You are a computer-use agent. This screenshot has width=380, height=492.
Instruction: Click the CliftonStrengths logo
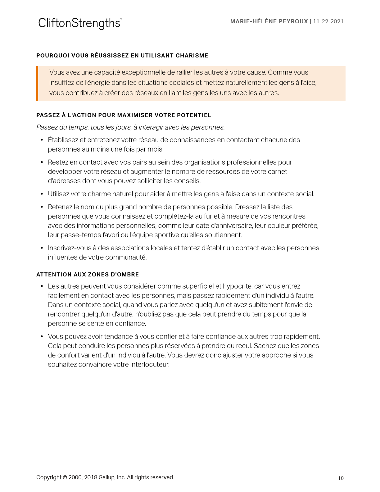tap(80, 23)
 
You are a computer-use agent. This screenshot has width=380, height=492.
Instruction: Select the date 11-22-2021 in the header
tap(328, 21)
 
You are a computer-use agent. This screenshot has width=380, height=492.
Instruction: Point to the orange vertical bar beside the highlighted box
tap(37, 83)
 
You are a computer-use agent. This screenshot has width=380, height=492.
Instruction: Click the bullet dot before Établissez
tap(42, 140)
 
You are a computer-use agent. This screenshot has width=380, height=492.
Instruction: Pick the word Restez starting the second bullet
tap(57, 162)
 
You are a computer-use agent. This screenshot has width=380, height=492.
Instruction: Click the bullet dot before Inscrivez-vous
tap(42, 248)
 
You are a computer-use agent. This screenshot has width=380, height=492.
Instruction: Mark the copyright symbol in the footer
tap(65, 477)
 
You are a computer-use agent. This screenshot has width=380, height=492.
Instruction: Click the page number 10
tap(341, 478)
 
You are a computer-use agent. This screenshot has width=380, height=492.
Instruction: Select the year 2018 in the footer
tap(91, 477)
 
